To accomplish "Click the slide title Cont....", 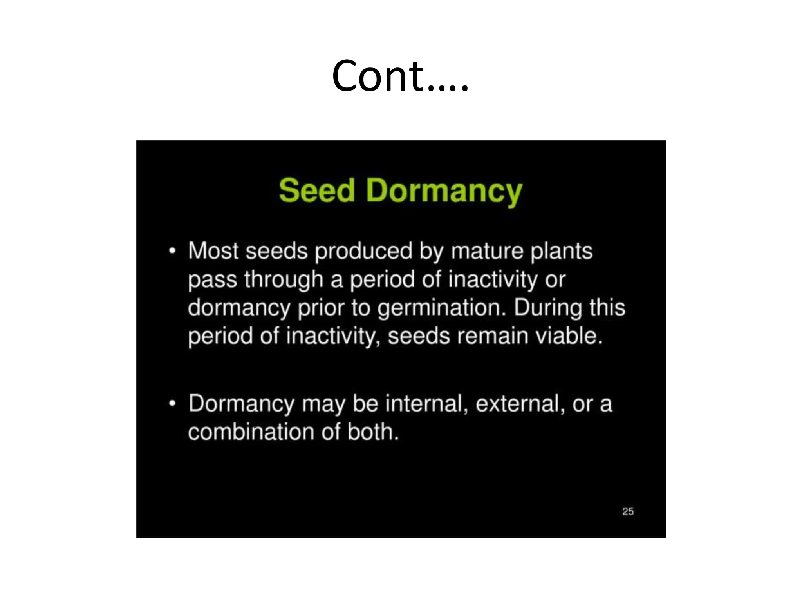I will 400,76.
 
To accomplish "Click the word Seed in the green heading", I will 317,191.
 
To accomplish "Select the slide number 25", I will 628,511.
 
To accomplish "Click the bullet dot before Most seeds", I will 172,251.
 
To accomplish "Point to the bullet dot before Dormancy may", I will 172,403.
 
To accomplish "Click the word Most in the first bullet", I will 213,251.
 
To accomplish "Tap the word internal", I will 427,403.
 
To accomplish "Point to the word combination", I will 251,432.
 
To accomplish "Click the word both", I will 372,432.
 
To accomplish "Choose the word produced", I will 363,251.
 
